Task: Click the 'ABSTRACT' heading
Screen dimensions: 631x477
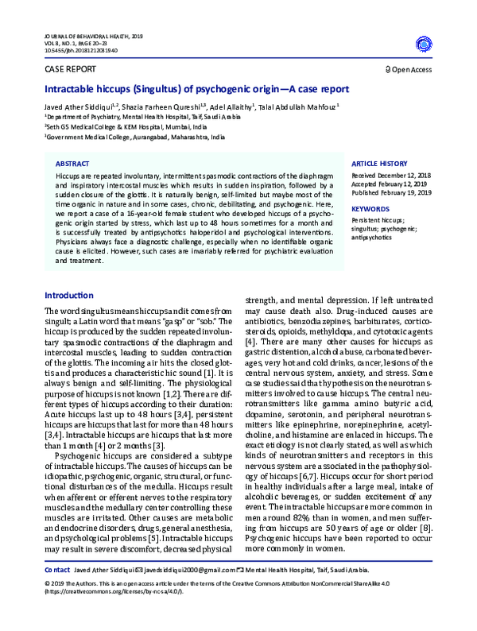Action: (x=72, y=161)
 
